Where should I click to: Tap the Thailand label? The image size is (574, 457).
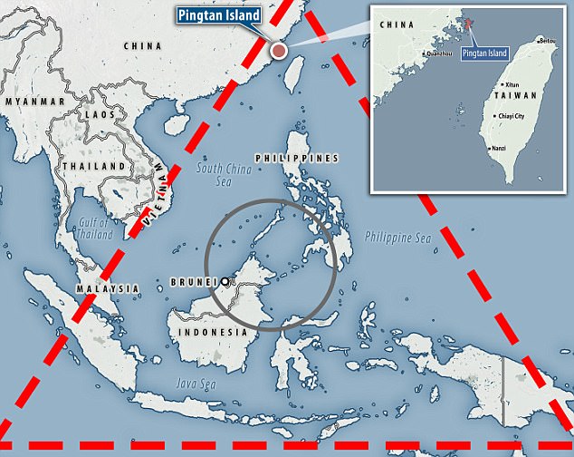point(93,167)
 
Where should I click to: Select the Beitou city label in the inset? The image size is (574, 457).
point(547,41)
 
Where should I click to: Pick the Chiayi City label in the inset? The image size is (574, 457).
point(509,117)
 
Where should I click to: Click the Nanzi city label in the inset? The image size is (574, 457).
point(498,148)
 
